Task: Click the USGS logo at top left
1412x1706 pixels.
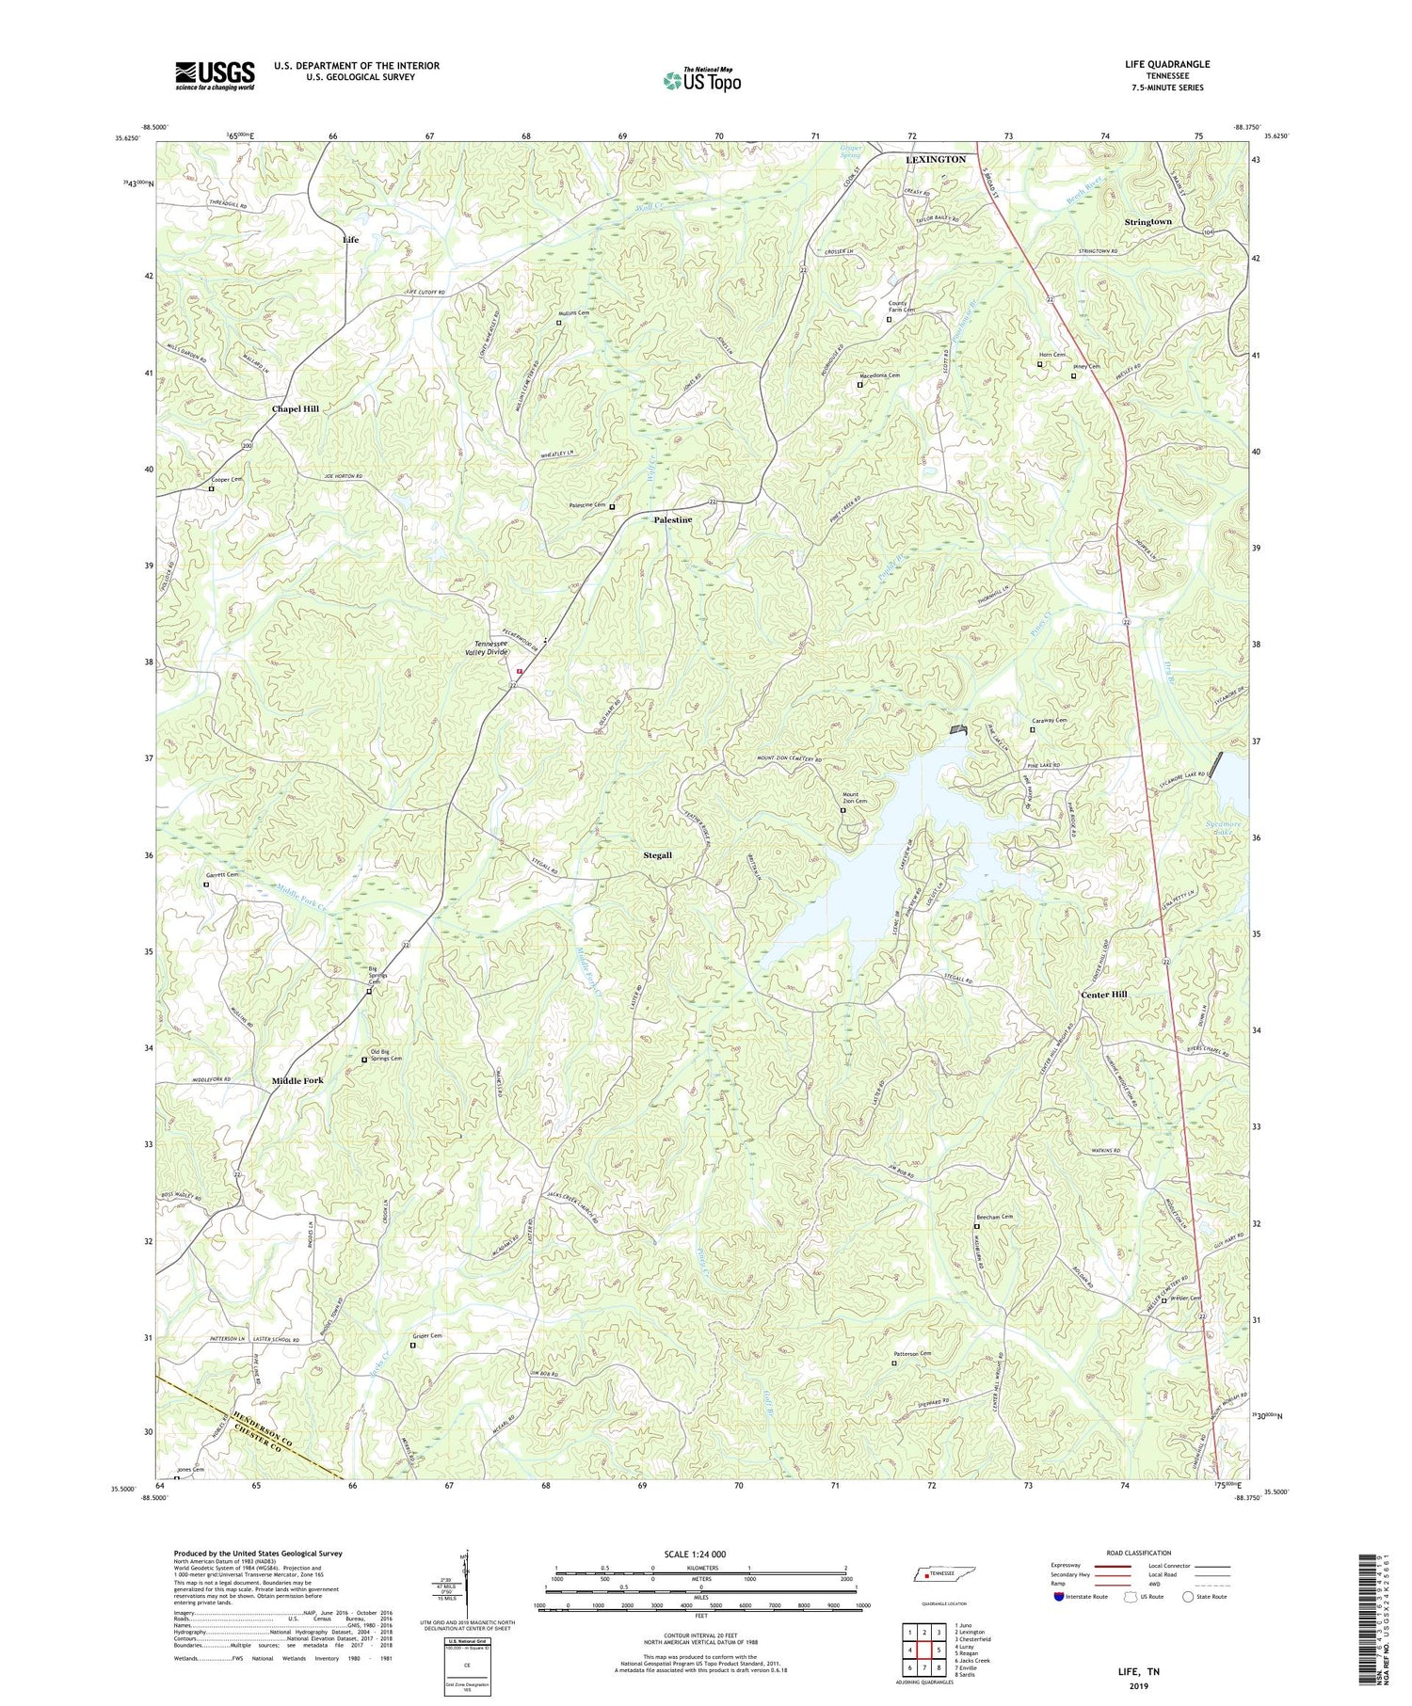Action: tap(215, 75)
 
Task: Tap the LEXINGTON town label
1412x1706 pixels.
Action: tap(935, 160)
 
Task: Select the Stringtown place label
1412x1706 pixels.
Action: tap(1148, 222)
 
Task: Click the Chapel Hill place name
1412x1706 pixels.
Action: tap(296, 409)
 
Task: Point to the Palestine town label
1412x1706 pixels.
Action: tap(673, 520)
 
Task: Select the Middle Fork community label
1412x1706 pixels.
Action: tap(297, 1081)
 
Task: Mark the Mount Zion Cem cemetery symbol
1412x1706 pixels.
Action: tap(842, 810)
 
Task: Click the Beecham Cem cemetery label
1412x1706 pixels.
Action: tap(995, 1217)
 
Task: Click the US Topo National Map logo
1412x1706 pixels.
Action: tap(701, 80)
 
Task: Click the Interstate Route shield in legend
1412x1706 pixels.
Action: tap(1059, 1597)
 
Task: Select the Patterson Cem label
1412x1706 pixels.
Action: tap(912, 1354)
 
